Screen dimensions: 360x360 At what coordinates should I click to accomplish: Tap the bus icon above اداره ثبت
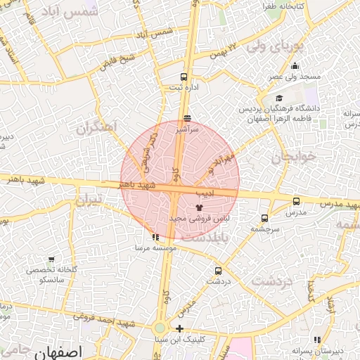tap(184, 77)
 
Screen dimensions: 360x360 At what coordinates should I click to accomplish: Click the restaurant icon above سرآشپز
tap(186, 119)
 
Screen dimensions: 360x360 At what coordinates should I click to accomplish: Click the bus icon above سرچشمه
tap(264, 218)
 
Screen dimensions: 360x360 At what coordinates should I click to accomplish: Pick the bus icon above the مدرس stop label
tap(296, 201)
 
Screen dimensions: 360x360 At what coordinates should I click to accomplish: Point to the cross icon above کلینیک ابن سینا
tap(180, 329)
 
